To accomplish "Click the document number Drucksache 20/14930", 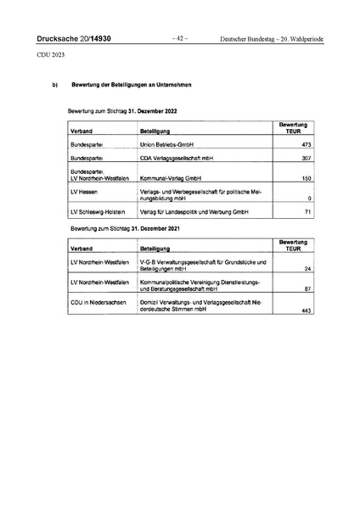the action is pyautogui.click(x=74, y=39).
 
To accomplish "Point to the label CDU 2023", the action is pyautogui.click(x=50, y=56).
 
